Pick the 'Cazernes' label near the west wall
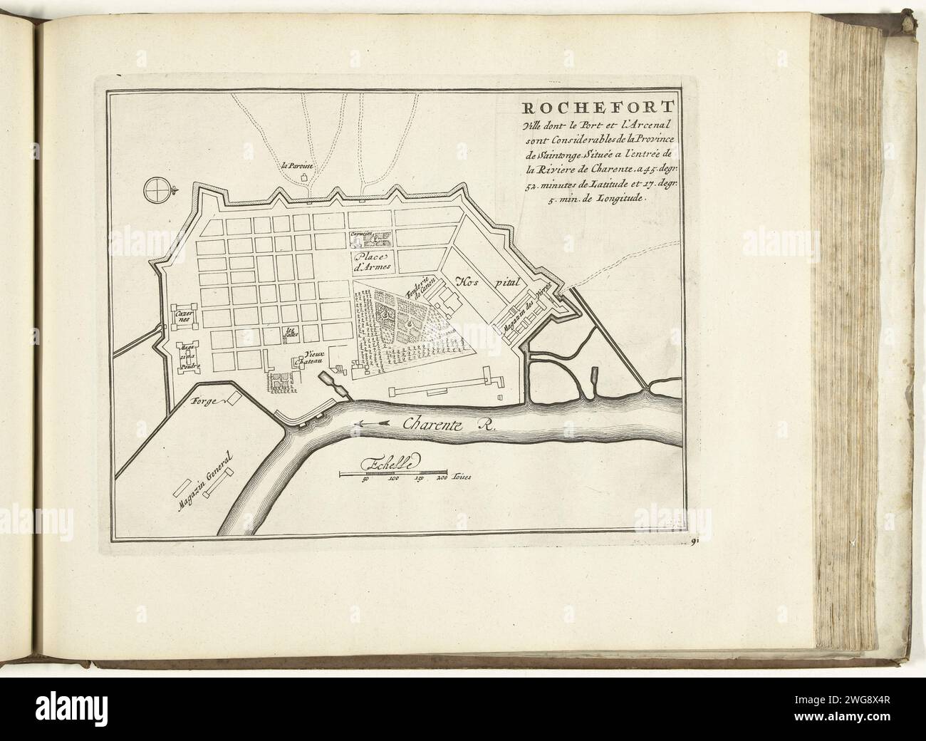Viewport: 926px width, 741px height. [181, 316]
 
